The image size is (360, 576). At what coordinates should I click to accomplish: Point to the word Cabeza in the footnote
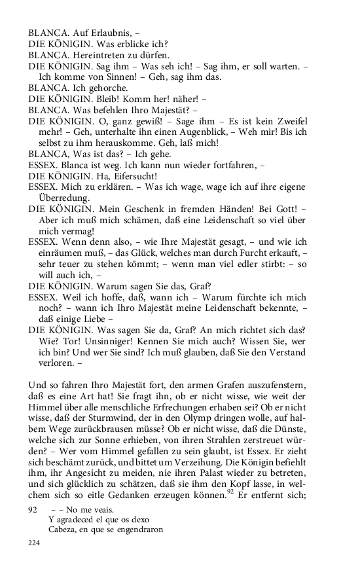pyautogui.click(x=63, y=531)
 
